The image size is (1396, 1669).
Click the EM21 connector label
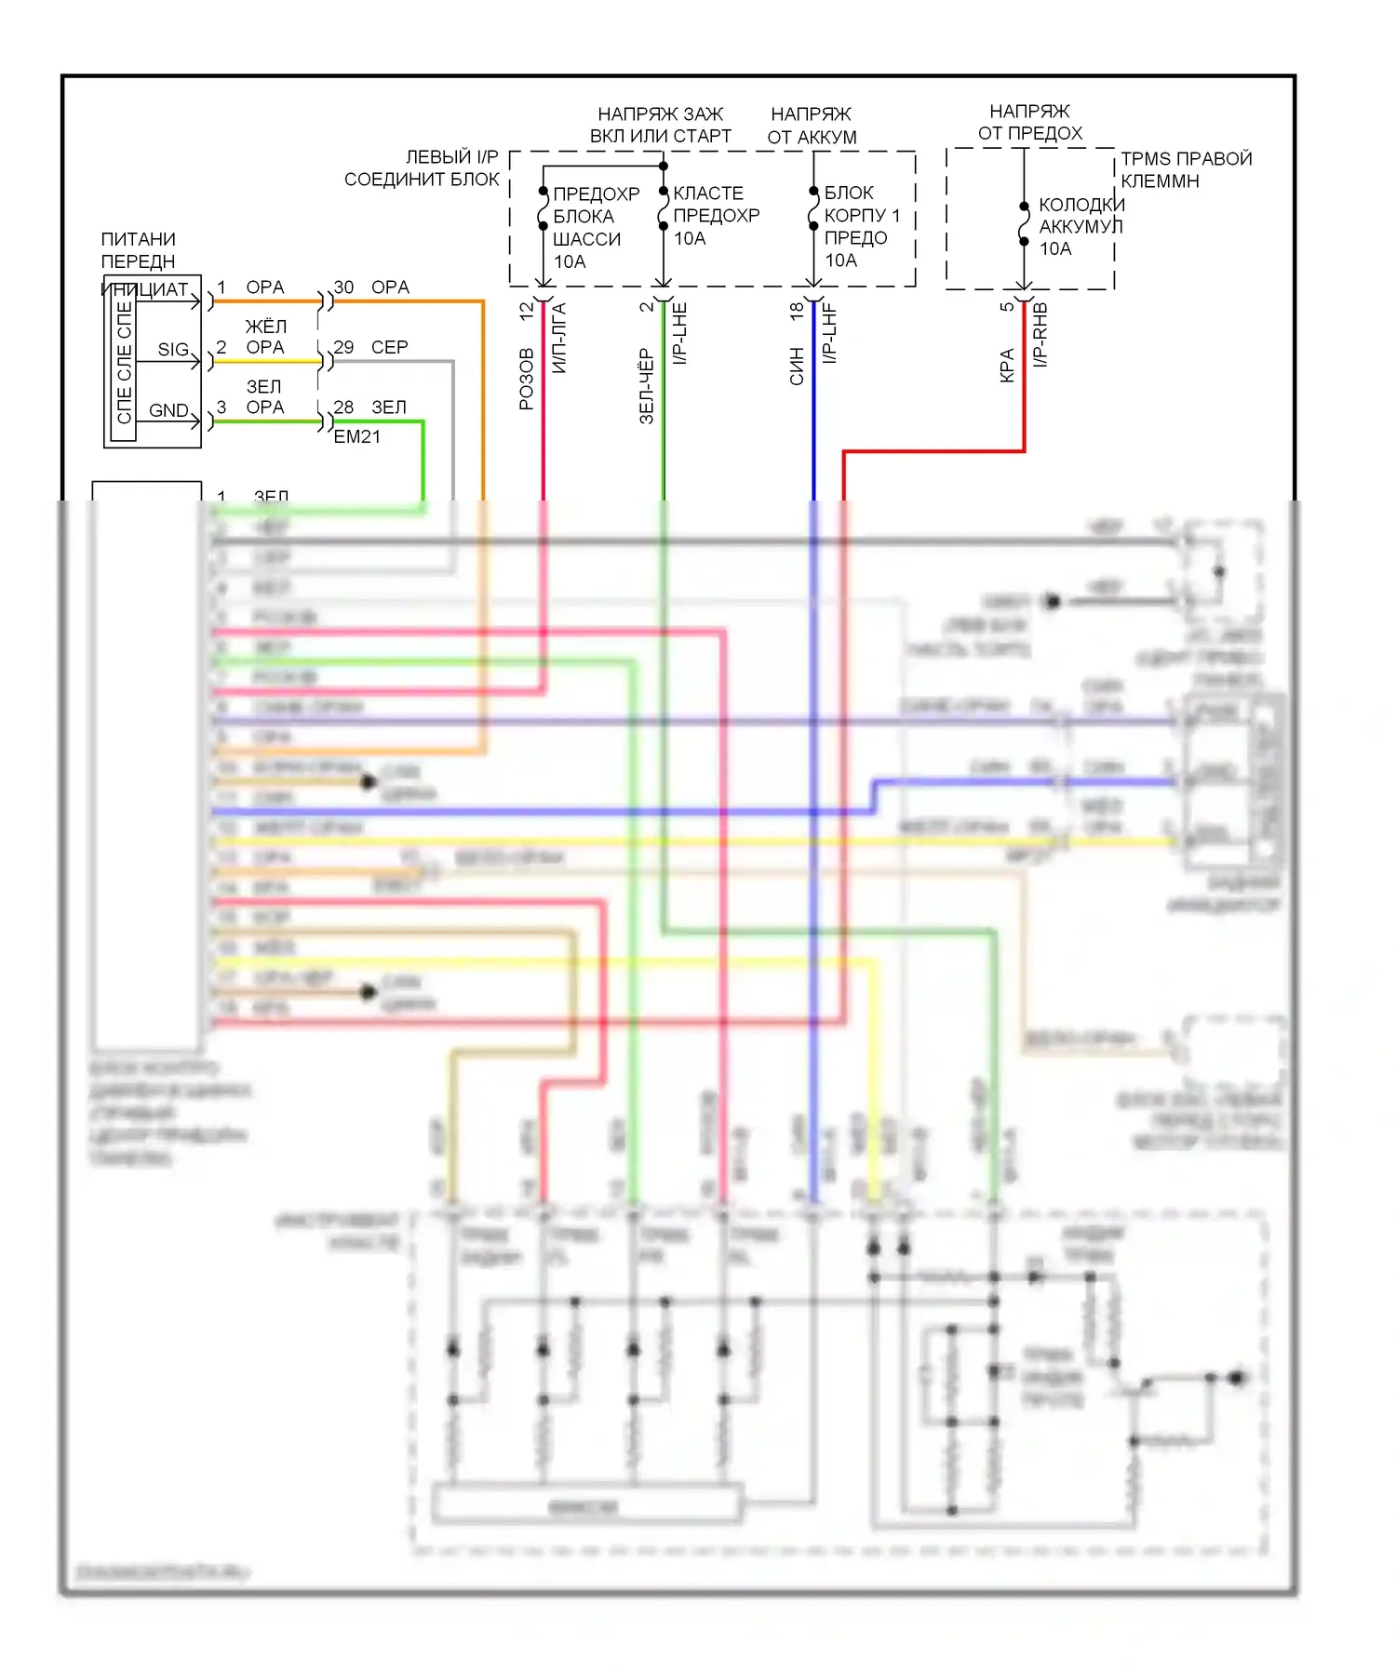356,436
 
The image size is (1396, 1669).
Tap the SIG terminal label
173,349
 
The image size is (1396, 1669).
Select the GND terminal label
168,410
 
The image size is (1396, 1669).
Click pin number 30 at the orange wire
343,287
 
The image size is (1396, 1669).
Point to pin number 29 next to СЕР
343,347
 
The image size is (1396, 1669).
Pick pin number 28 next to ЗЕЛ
343,407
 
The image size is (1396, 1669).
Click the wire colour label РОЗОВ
527,379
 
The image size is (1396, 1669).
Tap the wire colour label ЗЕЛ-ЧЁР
647,386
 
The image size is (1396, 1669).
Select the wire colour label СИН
797,367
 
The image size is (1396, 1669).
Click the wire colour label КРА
1007,366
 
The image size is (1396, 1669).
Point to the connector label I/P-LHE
680,334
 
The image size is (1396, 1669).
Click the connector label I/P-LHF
830,333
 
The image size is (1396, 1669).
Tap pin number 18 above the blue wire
797,312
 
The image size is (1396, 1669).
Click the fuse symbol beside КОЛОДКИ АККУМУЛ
1024,224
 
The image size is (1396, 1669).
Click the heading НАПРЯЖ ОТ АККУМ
812,126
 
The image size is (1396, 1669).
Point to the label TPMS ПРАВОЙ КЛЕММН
1186,170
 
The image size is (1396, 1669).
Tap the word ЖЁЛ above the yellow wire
265,327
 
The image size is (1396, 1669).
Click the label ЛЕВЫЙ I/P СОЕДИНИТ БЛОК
422,168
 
